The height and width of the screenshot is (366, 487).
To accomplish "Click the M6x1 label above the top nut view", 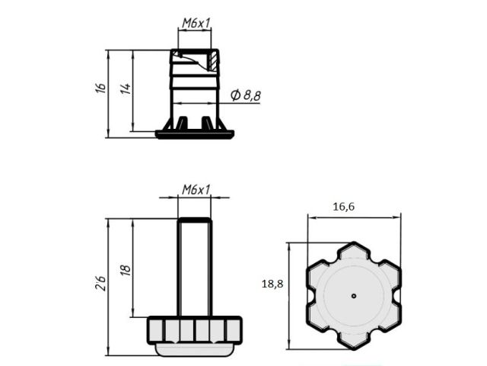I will (195, 23).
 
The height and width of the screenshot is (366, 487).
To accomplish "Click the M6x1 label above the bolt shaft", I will (195, 189).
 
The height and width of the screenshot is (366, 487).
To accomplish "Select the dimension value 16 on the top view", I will (100, 88).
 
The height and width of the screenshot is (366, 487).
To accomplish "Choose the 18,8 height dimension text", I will (272, 283).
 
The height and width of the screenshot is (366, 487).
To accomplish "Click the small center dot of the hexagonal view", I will (354, 294).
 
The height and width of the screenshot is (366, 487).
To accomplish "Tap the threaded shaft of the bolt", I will (195, 267).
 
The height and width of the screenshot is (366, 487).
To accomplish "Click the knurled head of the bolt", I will (195, 329).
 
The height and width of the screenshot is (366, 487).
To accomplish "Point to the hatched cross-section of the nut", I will (213, 58).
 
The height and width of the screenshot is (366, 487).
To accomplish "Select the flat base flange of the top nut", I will (195, 134).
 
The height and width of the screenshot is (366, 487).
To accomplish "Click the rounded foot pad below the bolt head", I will (195, 349).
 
